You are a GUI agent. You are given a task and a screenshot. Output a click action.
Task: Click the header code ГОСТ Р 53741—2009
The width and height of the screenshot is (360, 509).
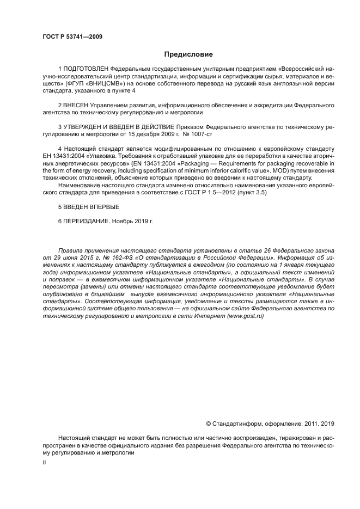[72, 37]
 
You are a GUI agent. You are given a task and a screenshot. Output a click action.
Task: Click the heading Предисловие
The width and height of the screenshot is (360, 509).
[188, 54]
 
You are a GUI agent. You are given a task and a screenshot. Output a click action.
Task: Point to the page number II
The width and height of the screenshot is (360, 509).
[44, 462]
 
